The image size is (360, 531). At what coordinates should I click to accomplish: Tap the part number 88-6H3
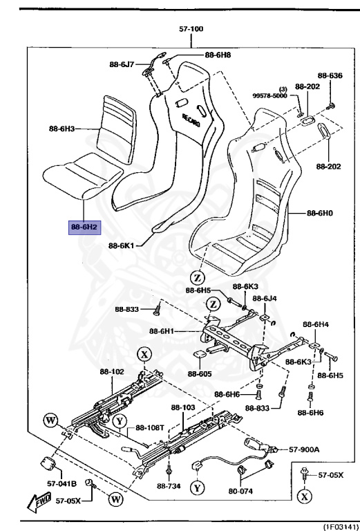coord(66,129)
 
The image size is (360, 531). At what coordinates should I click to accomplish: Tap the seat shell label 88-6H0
coord(320,214)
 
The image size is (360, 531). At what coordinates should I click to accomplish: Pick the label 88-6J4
coord(265,298)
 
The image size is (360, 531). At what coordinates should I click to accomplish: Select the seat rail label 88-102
coord(113,371)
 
